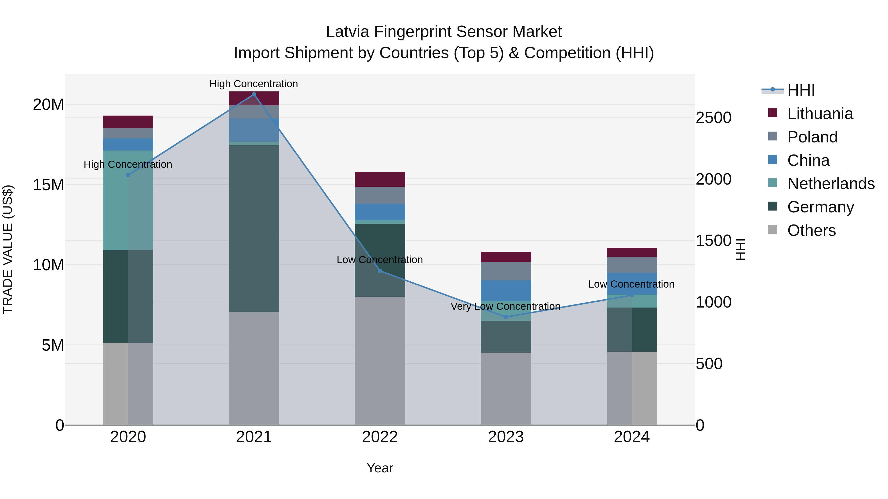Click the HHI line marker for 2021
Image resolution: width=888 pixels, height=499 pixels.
coord(254,94)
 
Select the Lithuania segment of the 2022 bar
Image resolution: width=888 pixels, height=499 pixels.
coord(380,179)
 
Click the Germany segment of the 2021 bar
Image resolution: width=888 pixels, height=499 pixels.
coord(254,228)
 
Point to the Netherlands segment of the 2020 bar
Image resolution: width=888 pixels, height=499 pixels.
coord(128,200)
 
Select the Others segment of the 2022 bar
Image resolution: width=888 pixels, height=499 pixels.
coord(380,361)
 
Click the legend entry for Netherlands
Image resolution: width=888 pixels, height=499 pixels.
coord(831,184)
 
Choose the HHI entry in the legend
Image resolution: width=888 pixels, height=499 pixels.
coord(801,90)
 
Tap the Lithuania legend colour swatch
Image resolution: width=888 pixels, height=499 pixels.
coord(773,113)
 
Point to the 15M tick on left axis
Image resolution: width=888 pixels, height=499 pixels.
coord(48,185)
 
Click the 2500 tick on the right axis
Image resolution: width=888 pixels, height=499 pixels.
coord(713,118)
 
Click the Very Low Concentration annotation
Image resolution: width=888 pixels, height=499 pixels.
coord(505,306)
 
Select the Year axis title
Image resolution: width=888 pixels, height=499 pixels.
coord(380,468)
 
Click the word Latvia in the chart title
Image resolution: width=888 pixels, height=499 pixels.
coord(348,32)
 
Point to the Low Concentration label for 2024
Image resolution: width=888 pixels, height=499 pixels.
coord(631,284)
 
